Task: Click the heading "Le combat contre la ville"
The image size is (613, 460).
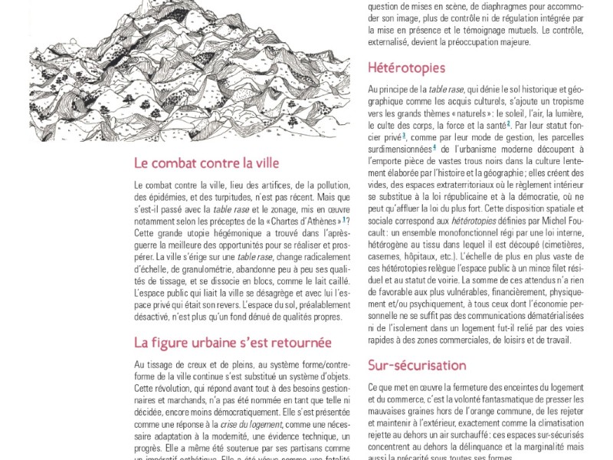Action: [206, 163]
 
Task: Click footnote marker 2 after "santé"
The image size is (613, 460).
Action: [508, 123]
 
